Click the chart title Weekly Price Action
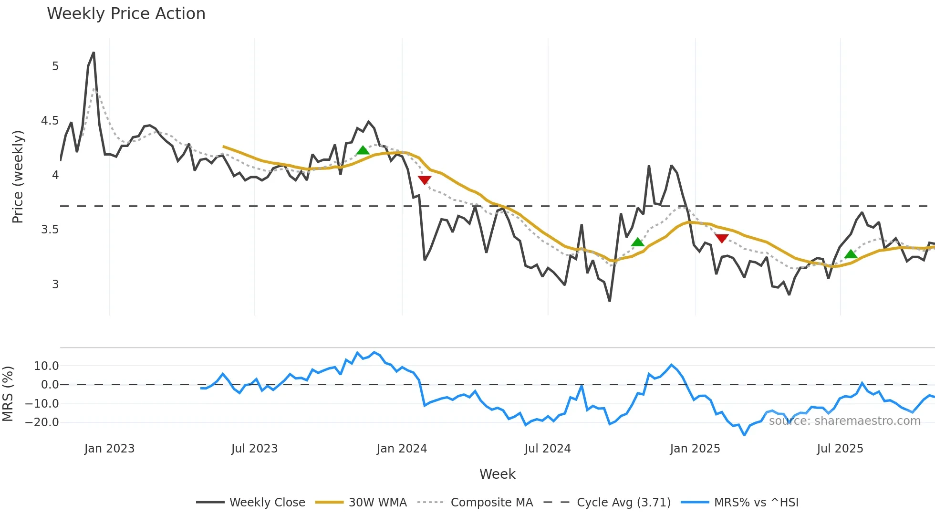tap(126, 14)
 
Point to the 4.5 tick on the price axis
tap(50, 121)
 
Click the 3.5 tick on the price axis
tap(50, 230)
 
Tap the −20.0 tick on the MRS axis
tap(42, 422)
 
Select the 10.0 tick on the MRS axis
tap(46, 366)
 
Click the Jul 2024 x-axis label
tap(547, 449)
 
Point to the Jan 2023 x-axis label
tap(109, 449)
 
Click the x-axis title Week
tap(497, 474)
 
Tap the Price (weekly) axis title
tap(18, 177)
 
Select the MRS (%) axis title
tap(8, 394)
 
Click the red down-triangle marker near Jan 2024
tap(425, 180)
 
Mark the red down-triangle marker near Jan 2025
tap(722, 238)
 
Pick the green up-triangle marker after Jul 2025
tap(851, 254)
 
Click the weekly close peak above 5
tap(93, 53)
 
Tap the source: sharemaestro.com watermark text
tap(844, 421)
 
